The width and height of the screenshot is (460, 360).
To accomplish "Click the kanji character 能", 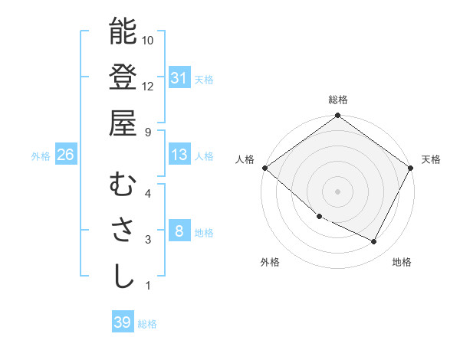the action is point(123,31).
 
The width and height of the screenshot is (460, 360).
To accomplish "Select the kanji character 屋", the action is point(123,122).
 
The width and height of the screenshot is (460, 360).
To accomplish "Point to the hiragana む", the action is point(123,185).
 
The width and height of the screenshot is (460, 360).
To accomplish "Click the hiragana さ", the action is point(123,231).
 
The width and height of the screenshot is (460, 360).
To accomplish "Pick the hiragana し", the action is point(123,276).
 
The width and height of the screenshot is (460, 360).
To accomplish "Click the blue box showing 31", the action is point(179,77).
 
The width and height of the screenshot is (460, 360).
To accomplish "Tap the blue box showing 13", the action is point(179,155).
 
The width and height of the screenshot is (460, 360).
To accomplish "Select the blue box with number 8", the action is point(179,231).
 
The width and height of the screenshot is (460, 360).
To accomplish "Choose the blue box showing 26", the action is point(65,155).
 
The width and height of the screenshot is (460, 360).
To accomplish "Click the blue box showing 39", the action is point(122,322).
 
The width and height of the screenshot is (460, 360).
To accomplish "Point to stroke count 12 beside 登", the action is point(148,86).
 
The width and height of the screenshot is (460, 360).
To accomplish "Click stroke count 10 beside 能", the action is point(148,40).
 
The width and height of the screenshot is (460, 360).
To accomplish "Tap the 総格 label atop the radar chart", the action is point(338,100).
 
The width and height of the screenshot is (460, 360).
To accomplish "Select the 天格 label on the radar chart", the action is point(432,159).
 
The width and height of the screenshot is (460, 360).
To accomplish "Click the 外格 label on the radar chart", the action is point(270,262).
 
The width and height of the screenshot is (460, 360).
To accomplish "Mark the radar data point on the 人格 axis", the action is point(264,168).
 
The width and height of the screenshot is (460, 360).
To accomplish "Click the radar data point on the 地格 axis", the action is point(374,242).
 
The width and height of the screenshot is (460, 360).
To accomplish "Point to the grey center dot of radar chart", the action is point(337,191).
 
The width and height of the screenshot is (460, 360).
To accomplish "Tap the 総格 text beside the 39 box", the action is point(147,324).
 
